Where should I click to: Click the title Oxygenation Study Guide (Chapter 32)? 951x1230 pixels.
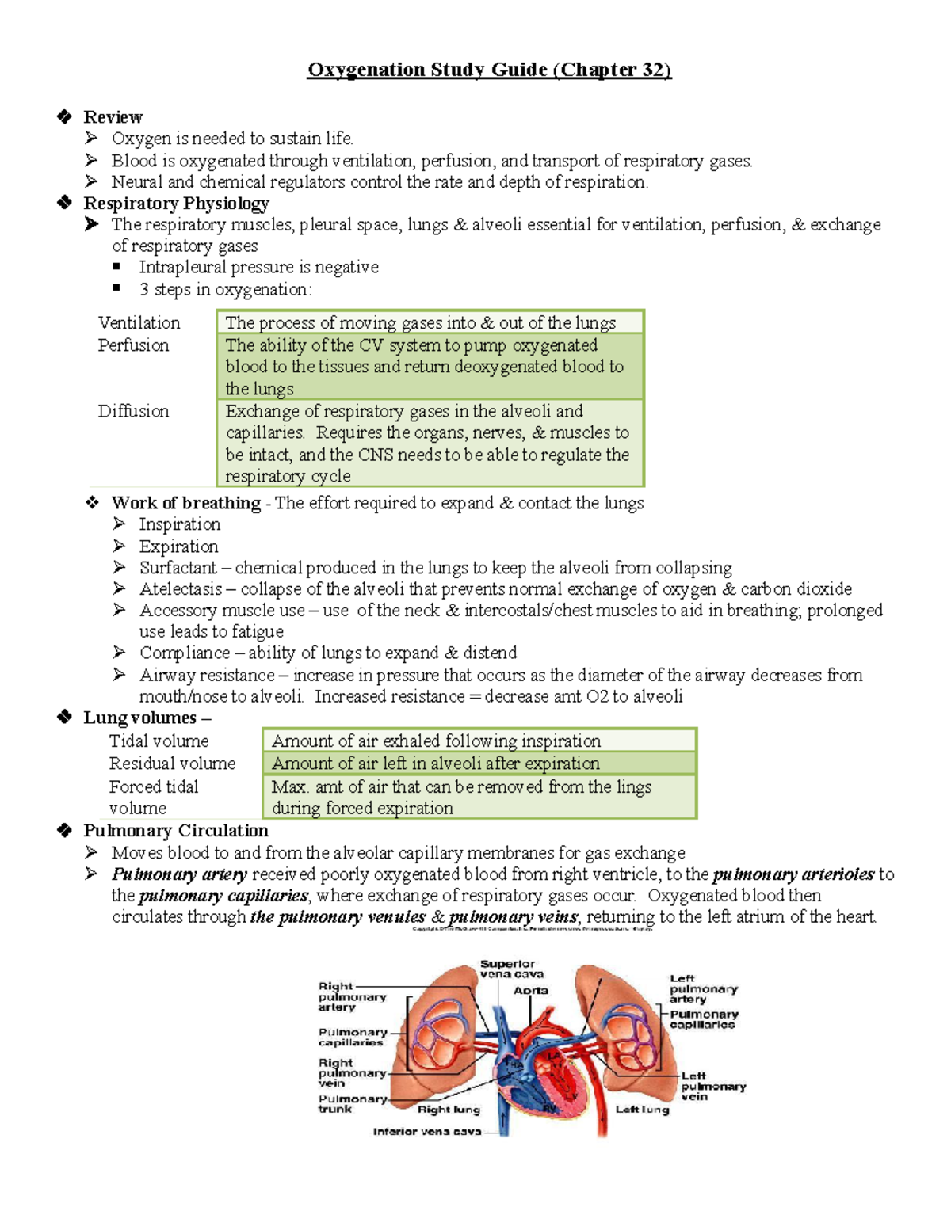[x=489, y=70]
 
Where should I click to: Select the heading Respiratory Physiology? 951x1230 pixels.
[x=176, y=204]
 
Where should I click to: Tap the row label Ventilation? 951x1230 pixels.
[x=139, y=322]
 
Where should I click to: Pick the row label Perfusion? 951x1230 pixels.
[x=133, y=345]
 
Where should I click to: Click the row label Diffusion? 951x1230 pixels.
[x=133, y=411]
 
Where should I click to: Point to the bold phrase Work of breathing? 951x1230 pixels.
[x=185, y=503]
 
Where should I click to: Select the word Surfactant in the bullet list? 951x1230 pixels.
[x=178, y=568]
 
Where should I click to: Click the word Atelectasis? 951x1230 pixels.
[x=181, y=589]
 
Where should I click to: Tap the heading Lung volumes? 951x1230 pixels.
[x=139, y=718]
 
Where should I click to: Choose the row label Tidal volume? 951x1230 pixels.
[x=158, y=741]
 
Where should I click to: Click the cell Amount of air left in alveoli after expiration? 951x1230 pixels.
[x=436, y=764]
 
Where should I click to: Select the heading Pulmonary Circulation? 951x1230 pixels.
[x=176, y=831]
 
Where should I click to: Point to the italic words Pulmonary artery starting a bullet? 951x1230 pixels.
[x=180, y=874]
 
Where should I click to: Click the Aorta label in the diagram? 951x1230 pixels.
[x=530, y=991]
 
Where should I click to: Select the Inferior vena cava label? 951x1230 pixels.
[x=426, y=1132]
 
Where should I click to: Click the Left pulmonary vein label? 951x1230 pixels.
[x=712, y=1086]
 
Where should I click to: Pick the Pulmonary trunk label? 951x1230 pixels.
[x=352, y=1104]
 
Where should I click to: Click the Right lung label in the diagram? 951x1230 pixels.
[x=449, y=1110]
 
